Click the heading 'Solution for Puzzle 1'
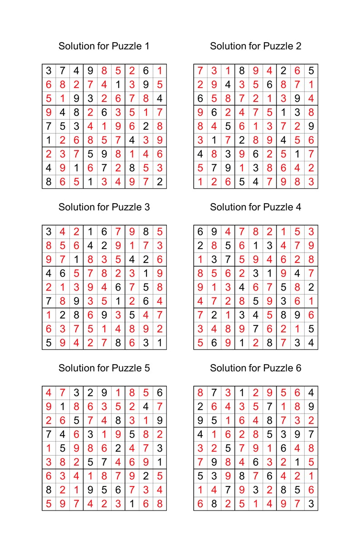click(x=104, y=46)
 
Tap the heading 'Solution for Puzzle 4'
click(x=255, y=207)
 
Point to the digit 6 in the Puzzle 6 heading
click(x=298, y=368)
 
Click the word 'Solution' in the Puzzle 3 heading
click(x=75, y=207)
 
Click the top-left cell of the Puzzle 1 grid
click(x=49, y=71)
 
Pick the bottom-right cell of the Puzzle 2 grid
click(x=311, y=182)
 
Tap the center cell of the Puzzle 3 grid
click(x=104, y=287)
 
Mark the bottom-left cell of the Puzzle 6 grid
click(x=200, y=504)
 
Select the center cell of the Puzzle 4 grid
click(x=255, y=287)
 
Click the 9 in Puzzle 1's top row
click(x=90, y=71)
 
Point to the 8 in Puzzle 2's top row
click(x=242, y=71)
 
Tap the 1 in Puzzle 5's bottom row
click(x=131, y=504)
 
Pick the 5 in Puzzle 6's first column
click(x=200, y=476)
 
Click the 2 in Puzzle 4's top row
click(x=269, y=232)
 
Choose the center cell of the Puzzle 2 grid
click(x=255, y=126)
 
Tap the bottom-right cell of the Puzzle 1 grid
click(x=159, y=182)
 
